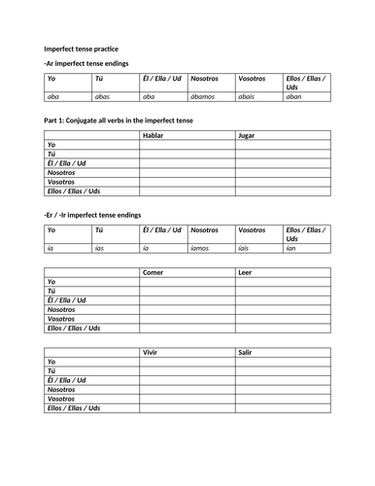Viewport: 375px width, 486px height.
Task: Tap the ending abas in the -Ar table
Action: [102, 97]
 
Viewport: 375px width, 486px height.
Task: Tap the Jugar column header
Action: [248, 135]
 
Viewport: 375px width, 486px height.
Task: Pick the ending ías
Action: [99, 249]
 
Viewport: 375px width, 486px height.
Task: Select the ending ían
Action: [291, 249]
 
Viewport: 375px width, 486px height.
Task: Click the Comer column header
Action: [153, 273]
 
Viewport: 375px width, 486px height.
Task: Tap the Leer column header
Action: [246, 273]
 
